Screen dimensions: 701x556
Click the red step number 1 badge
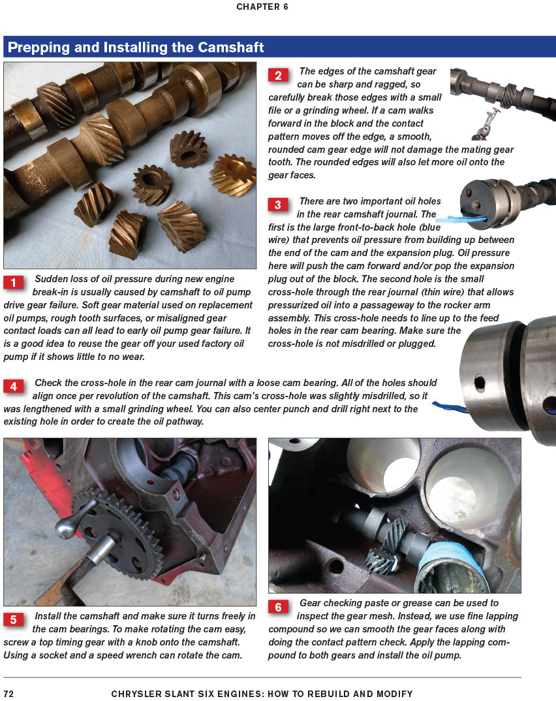pyautogui.click(x=14, y=282)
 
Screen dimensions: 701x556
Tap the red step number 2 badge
pyautogui.click(x=278, y=76)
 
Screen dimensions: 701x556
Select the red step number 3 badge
pyautogui.click(x=278, y=205)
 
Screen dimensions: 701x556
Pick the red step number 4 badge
pyautogui.click(x=14, y=386)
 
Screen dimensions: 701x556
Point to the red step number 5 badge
pyautogui.click(x=14, y=619)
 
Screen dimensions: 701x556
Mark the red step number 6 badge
pyautogui.click(x=278, y=608)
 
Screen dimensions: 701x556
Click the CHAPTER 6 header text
pyautogui.click(x=262, y=7)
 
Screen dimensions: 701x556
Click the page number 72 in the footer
pyautogui.click(x=9, y=694)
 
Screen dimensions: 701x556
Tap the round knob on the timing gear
pyautogui.click(x=64, y=527)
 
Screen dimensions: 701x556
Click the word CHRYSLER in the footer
pyautogui.click(x=139, y=694)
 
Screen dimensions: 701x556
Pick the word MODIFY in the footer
pyautogui.click(x=393, y=694)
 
